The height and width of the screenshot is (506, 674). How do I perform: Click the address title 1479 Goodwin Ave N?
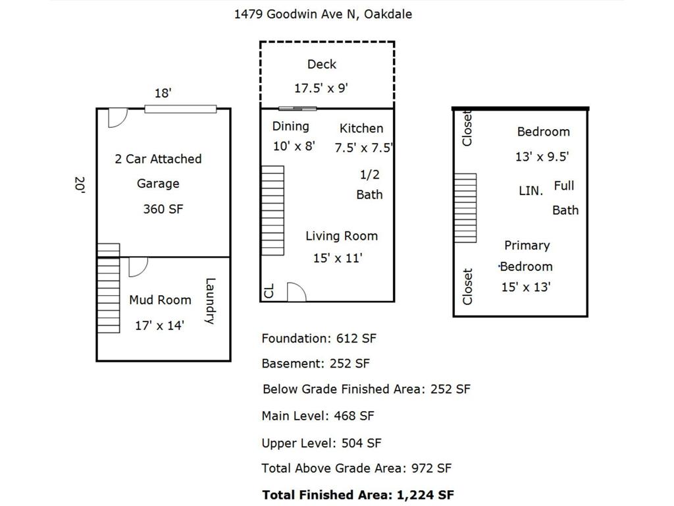[x=323, y=14]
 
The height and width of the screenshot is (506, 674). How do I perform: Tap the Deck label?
[x=321, y=64]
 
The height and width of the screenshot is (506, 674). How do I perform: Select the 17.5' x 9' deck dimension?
[x=321, y=88]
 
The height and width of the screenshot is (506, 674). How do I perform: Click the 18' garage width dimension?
[x=163, y=93]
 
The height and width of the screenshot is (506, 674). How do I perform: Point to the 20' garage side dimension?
[x=80, y=184]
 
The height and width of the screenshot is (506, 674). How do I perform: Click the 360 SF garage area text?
[x=163, y=209]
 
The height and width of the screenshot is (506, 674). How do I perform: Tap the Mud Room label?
[x=160, y=300]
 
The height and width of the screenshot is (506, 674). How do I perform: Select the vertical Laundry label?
[x=210, y=301]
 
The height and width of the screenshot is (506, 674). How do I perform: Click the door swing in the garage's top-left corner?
[x=117, y=117]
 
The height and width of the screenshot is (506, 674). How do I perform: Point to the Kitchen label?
[x=361, y=128]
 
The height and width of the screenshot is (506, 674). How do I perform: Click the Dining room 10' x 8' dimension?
[x=294, y=146]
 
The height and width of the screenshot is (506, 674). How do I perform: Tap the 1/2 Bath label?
[x=369, y=184]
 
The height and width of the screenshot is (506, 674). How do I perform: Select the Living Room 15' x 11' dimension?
[x=338, y=258]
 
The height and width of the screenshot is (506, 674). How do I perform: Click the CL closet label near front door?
[x=269, y=291]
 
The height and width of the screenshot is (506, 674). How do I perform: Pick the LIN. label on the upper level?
[x=531, y=191]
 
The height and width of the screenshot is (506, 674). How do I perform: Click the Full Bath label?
[x=565, y=198]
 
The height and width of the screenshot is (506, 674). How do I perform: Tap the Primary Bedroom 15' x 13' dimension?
[x=525, y=287]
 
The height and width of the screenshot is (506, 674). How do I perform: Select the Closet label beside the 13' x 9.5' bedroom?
[x=467, y=128]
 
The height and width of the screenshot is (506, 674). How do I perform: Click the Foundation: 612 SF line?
[x=319, y=338]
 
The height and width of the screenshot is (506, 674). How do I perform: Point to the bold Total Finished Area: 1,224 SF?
[x=358, y=495]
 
